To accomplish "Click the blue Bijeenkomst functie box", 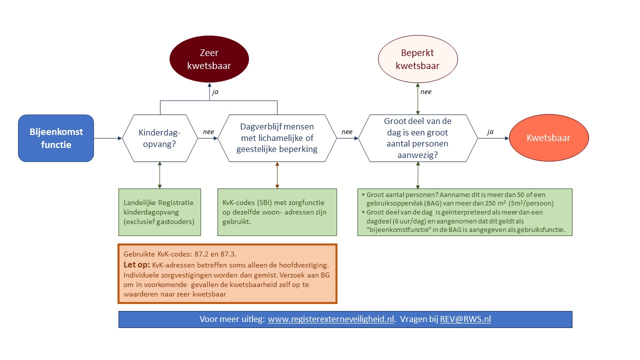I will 56,138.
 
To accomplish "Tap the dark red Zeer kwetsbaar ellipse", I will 209,59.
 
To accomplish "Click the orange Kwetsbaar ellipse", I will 548,138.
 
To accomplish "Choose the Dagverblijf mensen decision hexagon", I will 277,138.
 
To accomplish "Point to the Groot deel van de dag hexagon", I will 417,138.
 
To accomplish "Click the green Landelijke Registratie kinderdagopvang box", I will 159,212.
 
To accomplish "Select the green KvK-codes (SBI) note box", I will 277,212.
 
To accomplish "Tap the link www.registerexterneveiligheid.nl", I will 331,319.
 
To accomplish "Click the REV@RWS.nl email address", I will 465,319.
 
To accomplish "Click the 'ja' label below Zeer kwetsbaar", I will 215,92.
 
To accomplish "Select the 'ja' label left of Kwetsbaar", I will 490,132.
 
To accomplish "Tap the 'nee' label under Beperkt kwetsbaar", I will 425,91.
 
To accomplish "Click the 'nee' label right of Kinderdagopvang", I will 208,132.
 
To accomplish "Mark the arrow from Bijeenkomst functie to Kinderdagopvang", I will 107,138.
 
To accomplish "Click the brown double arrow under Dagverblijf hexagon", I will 277,175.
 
